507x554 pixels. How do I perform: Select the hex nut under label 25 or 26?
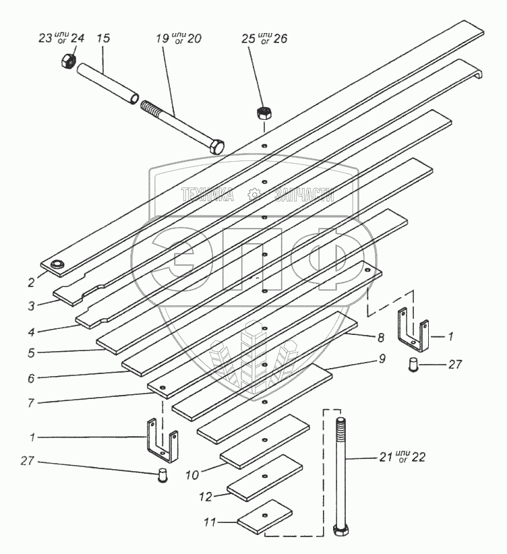pyautogui.click(x=263, y=113)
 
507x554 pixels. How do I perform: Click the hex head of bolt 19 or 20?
pyautogui.click(x=216, y=146)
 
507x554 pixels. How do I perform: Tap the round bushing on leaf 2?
pyautogui.click(x=57, y=265)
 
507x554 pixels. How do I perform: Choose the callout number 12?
pyautogui.click(x=207, y=497)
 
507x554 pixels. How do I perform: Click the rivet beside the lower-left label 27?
pyautogui.click(x=162, y=476)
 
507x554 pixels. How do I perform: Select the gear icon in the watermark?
pyautogui.click(x=254, y=195)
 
